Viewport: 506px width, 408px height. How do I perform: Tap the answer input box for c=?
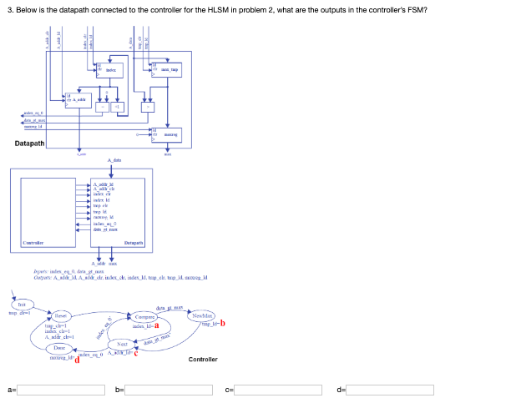(280, 390)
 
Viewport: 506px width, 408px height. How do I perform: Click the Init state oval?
(22, 306)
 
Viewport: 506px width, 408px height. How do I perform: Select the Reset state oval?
(62, 317)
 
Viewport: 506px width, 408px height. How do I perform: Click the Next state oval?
(121, 343)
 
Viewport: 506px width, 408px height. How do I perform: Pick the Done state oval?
(60, 346)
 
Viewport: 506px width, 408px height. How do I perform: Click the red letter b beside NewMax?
(223, 324)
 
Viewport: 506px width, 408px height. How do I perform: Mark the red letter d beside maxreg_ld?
(77, 360)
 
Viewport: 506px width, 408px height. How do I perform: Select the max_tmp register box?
(166, 70)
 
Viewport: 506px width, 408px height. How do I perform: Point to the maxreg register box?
(166, 133)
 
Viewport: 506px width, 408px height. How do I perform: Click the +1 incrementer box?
(119, 107)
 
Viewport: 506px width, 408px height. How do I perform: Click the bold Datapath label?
(30, 144)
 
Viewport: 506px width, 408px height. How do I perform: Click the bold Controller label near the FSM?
(203, 359)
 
